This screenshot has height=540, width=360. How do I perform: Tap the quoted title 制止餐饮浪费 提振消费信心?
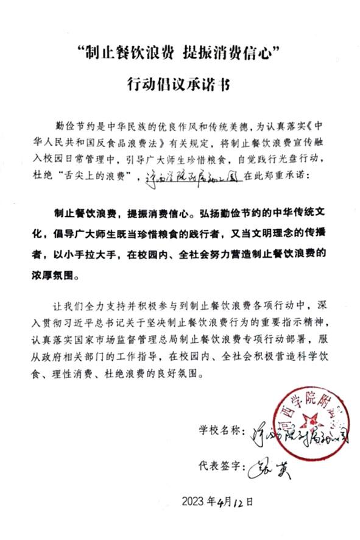(180, 53)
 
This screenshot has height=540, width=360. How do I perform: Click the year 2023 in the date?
(193, 502)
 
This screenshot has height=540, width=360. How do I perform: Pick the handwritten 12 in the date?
(238, 501)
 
